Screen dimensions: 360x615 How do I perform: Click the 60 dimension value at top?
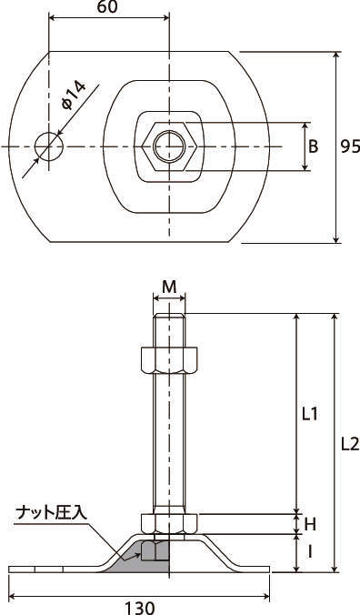coord(107,7)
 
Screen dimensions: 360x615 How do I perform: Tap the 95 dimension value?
coord(349,146)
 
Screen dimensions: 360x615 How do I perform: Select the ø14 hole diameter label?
coord(74,96)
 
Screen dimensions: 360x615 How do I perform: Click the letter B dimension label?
coord(314,146)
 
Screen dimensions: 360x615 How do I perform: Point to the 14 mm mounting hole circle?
coord(48,146)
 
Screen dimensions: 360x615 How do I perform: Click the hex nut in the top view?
coord(169,146)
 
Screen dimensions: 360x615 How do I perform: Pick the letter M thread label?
coord(169,287)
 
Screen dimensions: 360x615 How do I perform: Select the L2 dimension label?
coord(349,444)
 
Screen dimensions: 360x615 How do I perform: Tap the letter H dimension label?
coord(310,524)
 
